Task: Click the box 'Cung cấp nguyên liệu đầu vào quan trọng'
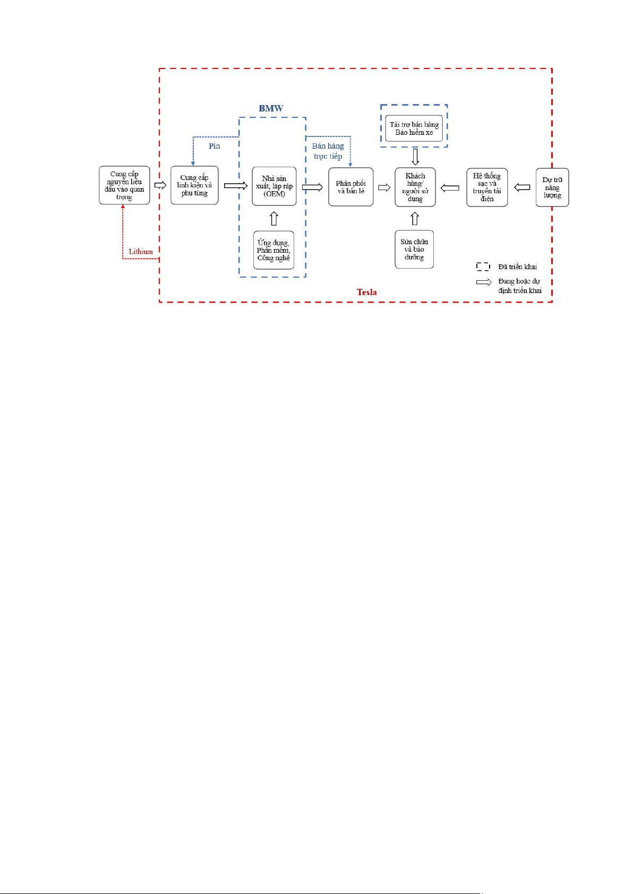[124, 185]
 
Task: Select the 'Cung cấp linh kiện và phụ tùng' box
[194, 185]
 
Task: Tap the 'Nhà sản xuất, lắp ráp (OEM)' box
[274, 186]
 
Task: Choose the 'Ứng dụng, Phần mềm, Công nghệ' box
[273, 250]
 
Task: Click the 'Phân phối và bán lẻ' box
[351, 187]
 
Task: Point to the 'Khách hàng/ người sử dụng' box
[415, 187]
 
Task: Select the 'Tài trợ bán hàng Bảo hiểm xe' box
[414, 128]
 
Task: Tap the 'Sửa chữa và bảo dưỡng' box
[414, 249]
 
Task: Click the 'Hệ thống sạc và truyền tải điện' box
[487, 187]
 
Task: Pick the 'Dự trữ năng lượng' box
[552, 187]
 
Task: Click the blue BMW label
[271, 108]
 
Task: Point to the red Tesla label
[367, 292]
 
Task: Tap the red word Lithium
[141, 252]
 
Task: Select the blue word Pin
[215, 146]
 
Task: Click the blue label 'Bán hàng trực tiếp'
[328, 151]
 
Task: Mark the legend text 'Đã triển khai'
[517, 267]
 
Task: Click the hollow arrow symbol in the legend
[483, 282]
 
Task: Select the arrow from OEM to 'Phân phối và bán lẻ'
[313, 187]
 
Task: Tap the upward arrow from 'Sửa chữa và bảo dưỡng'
[415, 218]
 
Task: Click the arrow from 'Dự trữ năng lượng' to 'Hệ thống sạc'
[523, 187]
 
